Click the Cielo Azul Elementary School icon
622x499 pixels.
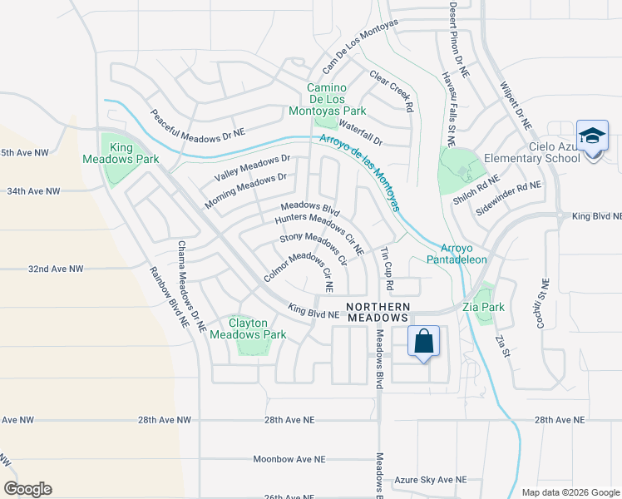pos(592,136)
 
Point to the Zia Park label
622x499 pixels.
pos(491,307)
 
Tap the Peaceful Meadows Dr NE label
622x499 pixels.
pos(198,121)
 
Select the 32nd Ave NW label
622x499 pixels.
pos(57,269)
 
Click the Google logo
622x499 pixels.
pos(27,489)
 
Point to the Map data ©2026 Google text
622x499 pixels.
pos(570,492)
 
